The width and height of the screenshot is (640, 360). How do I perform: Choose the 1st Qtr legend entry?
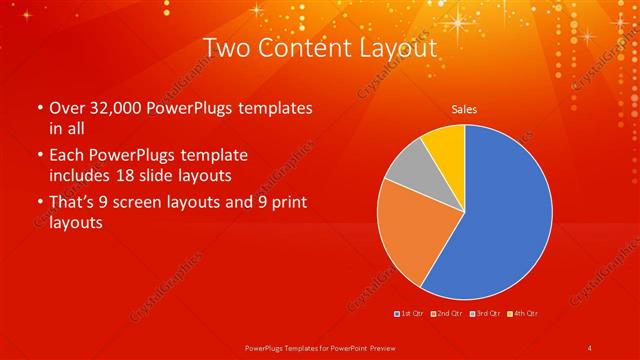click(x=409, y=314)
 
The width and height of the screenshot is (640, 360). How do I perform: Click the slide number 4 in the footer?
click(x=590, y=347)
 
